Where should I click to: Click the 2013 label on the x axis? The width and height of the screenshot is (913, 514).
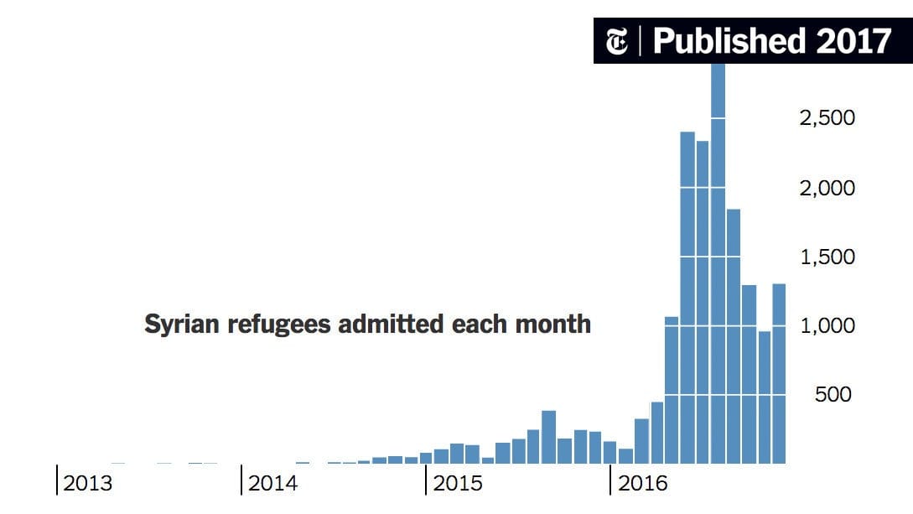tap(88, 484)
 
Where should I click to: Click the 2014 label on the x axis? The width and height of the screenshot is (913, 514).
tap(272, 484)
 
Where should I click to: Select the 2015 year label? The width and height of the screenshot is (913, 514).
tap(457, 484)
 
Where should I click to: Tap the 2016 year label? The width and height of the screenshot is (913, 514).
tap(642, 484)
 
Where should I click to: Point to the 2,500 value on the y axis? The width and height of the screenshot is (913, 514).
tap(827, 118)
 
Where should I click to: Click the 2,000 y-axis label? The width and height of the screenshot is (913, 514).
tap(827, 188)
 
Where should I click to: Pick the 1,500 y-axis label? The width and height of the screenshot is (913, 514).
tap(827, 257)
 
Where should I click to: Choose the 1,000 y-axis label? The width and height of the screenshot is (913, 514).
tap(827, 325)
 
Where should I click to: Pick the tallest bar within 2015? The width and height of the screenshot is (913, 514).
tap(549, 436)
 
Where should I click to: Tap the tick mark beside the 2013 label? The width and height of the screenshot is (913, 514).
tap(57, 480)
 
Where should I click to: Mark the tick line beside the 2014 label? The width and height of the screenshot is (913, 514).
tap(241, 480)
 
